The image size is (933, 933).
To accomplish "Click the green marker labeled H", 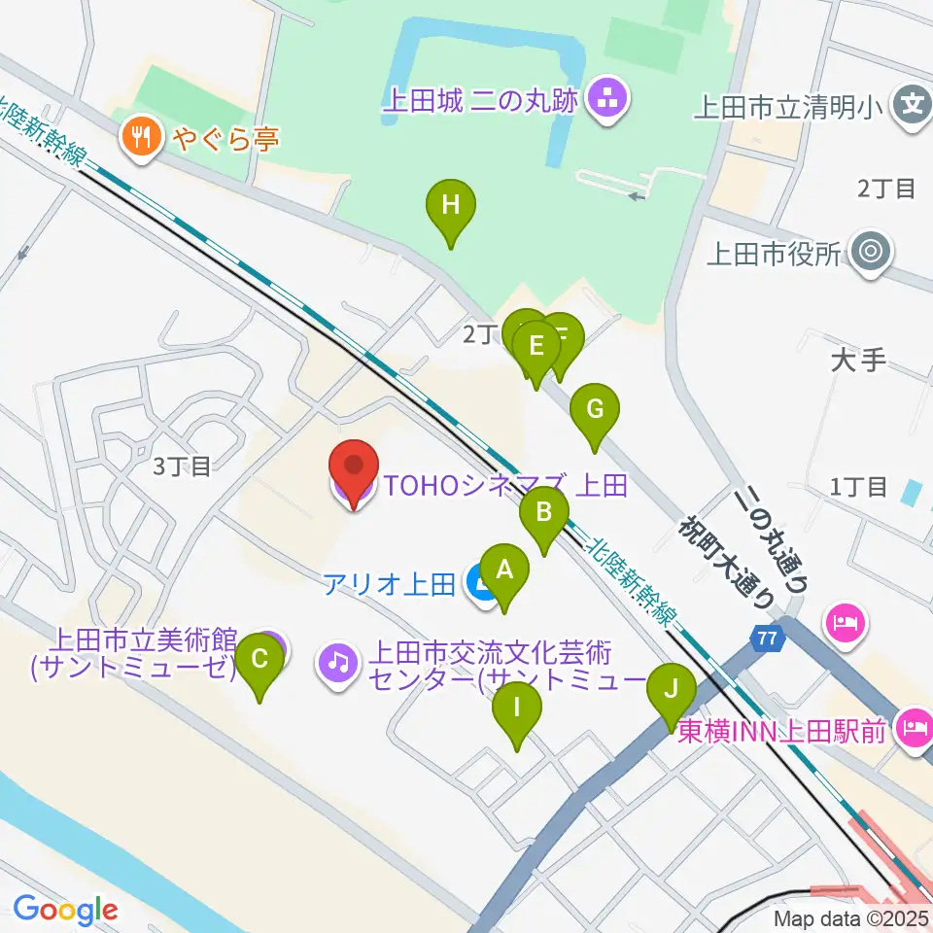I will coord(451,206).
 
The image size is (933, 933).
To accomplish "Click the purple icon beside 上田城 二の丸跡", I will coord(610,99).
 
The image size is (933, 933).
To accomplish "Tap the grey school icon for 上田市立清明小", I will coord(913,101).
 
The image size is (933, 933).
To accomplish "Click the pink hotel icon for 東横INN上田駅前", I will coord(915,726).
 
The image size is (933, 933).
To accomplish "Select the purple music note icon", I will coord(337,663).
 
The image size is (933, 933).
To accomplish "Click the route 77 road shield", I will coord(768,639).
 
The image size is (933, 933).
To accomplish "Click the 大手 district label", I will coord(859,362).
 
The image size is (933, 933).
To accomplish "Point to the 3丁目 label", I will coord(182,467).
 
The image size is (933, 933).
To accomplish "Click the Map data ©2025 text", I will coord(850,917).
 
